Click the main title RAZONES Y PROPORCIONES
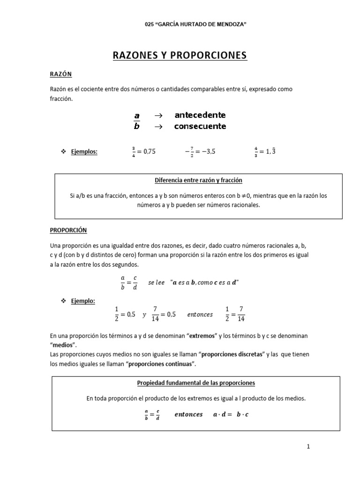tap(180, 55)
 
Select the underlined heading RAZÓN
tap(60, 74)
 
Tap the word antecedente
tap(200, 115)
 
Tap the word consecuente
tap(200, 126)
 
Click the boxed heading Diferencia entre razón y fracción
tap(198, 180)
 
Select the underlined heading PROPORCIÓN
tap(68, 230)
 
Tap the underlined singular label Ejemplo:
tap(82, 301)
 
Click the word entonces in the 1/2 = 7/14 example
tap(200, 315)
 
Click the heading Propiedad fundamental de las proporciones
tap(196, 382)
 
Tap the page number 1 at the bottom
tap(308, 447)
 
